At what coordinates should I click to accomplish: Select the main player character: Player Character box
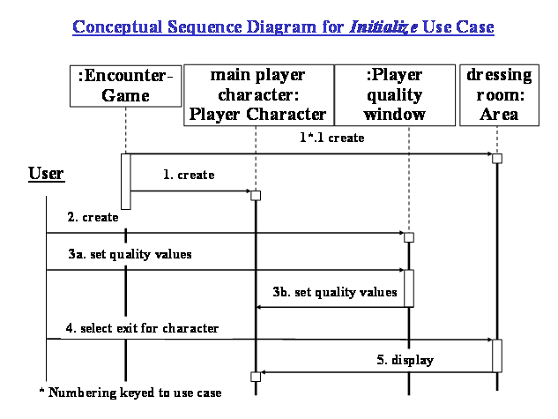pyautogui.click(x=256, y=95)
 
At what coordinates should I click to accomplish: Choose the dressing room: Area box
pyautogui.click(x=496, y=95)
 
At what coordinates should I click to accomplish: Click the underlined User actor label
pyautogui.click(x=46, y=173)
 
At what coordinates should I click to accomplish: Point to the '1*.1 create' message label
pyautogui.click(x=331, y=139)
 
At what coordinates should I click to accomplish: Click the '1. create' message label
pyautogui.click(x=189, y=175)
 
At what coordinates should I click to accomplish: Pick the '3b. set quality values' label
pyautogui.click(x=334, y=292)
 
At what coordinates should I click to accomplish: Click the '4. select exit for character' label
pyautogui.click(x=142, y=328)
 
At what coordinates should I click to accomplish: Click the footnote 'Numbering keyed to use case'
pyautogui.click(x=130, y=392)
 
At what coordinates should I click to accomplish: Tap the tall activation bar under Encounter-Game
pyautogui.click(x=126, y=183)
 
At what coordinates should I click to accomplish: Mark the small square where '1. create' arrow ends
pyautogui.click(x=256, y=195)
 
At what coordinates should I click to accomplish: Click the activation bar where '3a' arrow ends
pyautogui.click(x=409, y=288)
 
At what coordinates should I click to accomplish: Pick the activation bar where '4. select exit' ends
pyautogui.click(x=497, y=355)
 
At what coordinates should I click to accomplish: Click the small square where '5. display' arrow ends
pyautogui.click(x=256, y=377)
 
